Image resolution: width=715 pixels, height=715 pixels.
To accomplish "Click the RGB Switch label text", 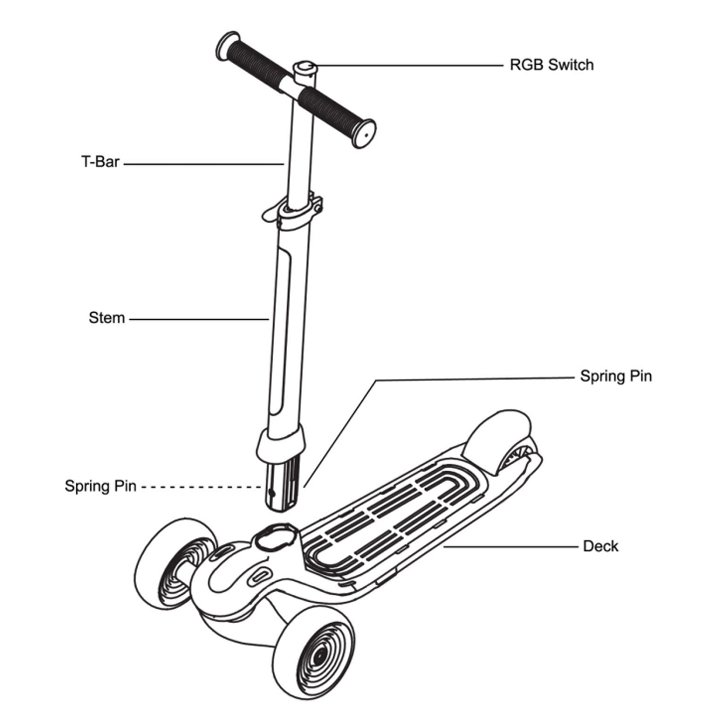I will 551,65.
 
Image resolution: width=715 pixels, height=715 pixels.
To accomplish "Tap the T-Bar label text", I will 100,162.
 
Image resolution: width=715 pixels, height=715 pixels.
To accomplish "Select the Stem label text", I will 107,318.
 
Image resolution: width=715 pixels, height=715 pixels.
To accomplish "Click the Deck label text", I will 601,546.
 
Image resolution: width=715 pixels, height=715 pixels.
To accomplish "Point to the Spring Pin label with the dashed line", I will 100,486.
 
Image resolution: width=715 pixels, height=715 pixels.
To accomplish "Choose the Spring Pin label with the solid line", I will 616,376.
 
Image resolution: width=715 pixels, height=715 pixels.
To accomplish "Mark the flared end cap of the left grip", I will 226,46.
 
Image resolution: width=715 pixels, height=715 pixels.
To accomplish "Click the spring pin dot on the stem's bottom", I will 272,493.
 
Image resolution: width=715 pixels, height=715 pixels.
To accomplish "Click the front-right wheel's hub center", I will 318,657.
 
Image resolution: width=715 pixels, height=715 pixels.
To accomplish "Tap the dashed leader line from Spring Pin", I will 202,487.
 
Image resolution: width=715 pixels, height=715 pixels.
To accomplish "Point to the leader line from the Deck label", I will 511,547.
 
